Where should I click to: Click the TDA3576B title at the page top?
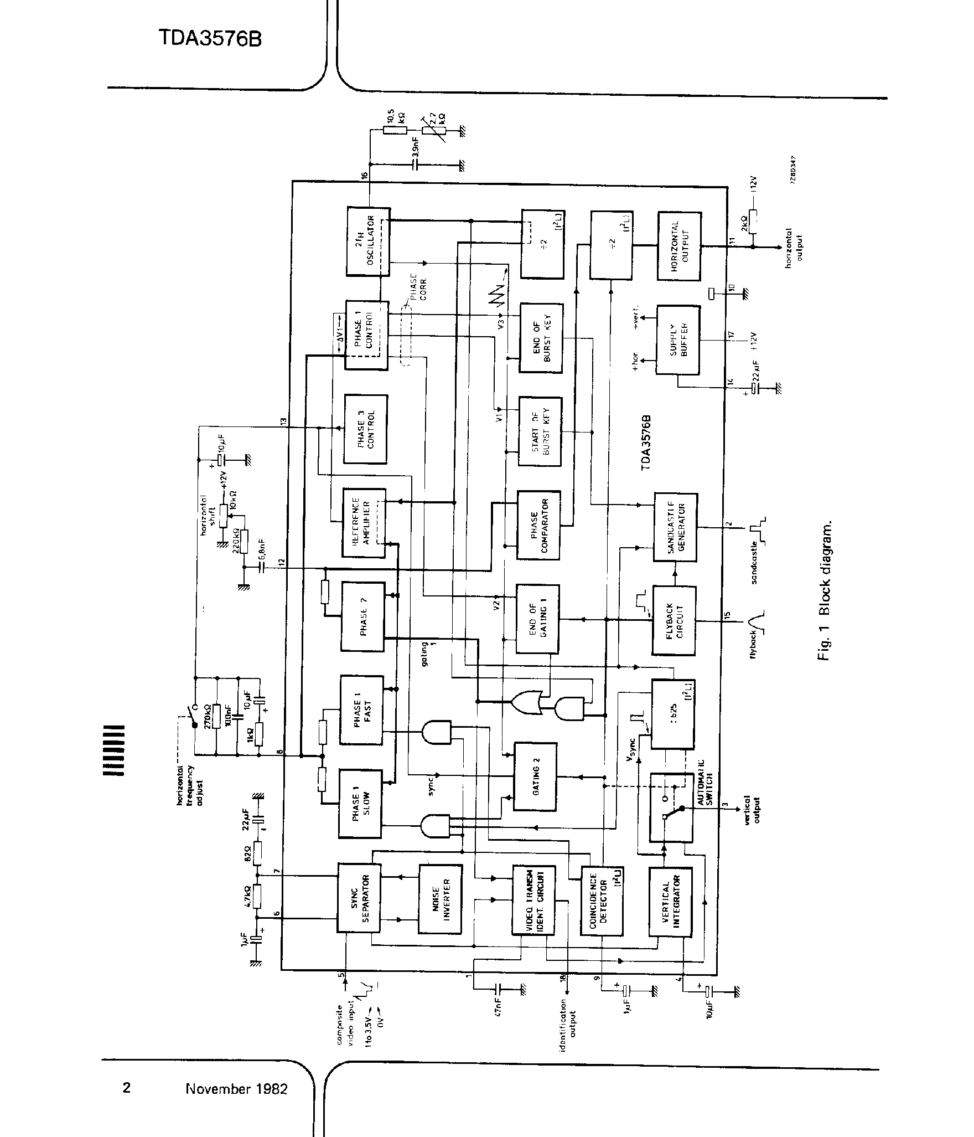point(210,39)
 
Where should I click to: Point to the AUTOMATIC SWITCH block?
point(671,807)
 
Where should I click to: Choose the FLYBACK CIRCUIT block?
point(674,620)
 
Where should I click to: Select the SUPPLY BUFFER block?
point(677,339)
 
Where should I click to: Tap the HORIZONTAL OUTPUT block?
point(679,245)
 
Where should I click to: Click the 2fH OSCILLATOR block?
point(369,242)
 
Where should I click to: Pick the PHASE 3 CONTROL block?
point(365,429)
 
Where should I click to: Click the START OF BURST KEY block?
point(540,431)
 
